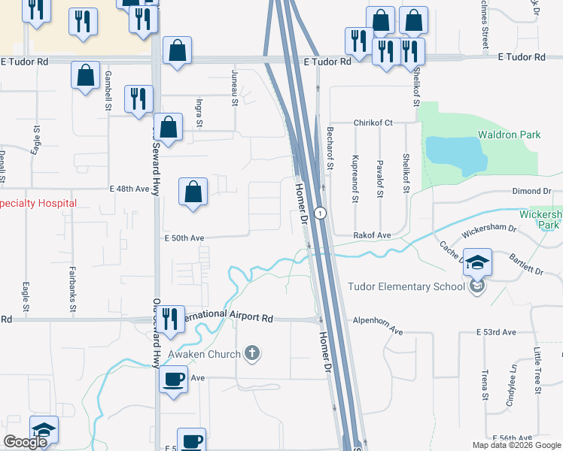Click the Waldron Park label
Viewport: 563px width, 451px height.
click(x=510, y=135)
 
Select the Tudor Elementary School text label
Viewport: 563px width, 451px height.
click(x=400, y=286)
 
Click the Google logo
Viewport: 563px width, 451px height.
click(x=25, y=442)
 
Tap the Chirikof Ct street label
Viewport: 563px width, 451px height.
click(x=374, y=123)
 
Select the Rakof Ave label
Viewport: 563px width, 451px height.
click(x=373, y=235)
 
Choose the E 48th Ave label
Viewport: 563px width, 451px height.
click(x=129, y=189)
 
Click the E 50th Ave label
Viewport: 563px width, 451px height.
click(x=184, y=238)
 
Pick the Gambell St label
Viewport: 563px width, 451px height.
click(x=108, y=91)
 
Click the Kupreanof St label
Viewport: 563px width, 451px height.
click(x=354, y=179)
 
